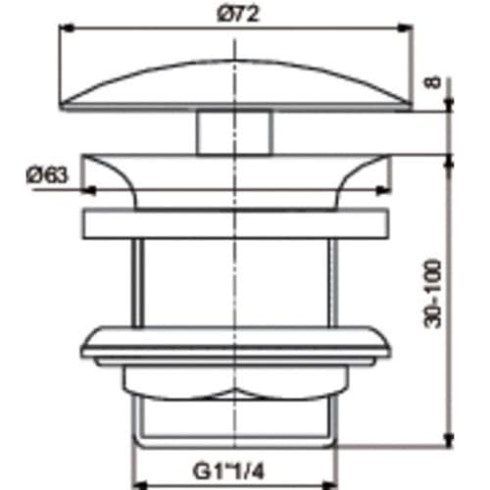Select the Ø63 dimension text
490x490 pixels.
tap(47, 175)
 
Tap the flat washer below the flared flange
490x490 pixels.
tap(234, 226)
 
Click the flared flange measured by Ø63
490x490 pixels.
tap(234, 176)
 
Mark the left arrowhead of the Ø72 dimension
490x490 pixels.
tap(69, 28)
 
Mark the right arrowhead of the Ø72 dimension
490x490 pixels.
tap(403, 28)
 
